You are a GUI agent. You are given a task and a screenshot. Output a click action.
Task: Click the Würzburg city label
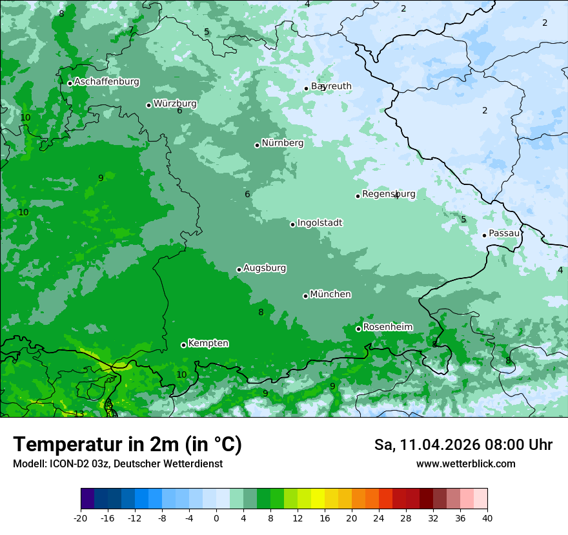coord(175,104)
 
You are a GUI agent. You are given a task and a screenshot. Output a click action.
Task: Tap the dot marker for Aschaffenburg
coord(70,83)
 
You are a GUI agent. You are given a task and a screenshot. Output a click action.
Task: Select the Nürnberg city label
coord(282,143)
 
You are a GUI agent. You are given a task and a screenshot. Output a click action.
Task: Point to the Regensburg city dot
coord(358,196)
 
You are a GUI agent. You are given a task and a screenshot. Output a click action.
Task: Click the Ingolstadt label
coord(319,223)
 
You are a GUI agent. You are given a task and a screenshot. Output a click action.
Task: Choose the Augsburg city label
coord(265,268)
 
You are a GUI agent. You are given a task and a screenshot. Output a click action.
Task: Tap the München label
coord(330,295)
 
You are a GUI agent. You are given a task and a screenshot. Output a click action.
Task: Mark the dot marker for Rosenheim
coord(358,329)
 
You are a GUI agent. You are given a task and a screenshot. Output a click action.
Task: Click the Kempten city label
coord(208,344)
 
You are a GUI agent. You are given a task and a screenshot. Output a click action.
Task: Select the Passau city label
coord(503,233)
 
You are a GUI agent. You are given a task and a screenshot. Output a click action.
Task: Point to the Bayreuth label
coord(331,86)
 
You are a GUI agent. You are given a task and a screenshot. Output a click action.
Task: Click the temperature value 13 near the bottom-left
coord(79,414)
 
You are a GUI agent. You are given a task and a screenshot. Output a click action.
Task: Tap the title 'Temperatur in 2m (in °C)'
coord(127,444)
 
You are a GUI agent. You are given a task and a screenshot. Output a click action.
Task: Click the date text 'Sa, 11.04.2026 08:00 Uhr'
coord(463,445)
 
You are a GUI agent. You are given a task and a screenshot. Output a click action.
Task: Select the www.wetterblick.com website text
coord(465,464)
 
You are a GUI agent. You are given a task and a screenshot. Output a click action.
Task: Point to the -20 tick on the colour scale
coord(81,518)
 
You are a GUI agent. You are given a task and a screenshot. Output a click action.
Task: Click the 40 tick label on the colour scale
coord(487,518)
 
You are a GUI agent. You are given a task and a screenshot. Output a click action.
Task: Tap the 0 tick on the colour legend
coord(216,518)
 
